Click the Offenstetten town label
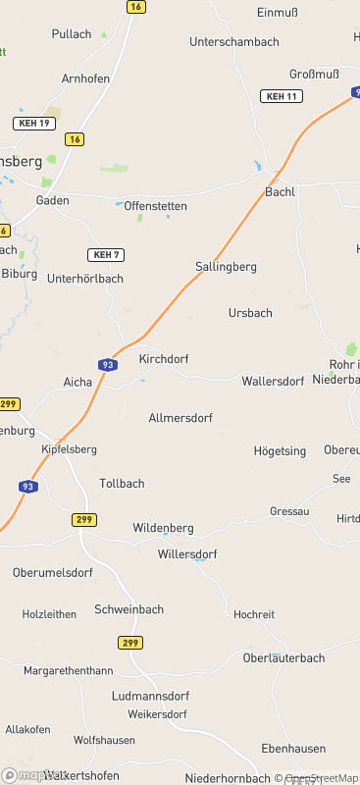coord(155,206)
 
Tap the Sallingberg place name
coord(226,267)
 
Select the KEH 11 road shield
coord(282,96)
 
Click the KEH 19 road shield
coord(34,123)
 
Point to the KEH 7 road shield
coord(105,255)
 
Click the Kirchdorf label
coord(164,359)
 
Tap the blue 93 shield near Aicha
coord(104,364)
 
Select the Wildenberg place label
coord(163,528)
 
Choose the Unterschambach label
coord(233,42)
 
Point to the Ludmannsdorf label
coord(149,696)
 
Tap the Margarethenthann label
coord(69,670)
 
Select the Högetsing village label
coord(280,451)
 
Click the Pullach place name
coord(72,34)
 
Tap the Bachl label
coord(280,191)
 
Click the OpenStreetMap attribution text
coord(321,778)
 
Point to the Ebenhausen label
coord(293,749)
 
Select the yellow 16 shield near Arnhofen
coord(75,139)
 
